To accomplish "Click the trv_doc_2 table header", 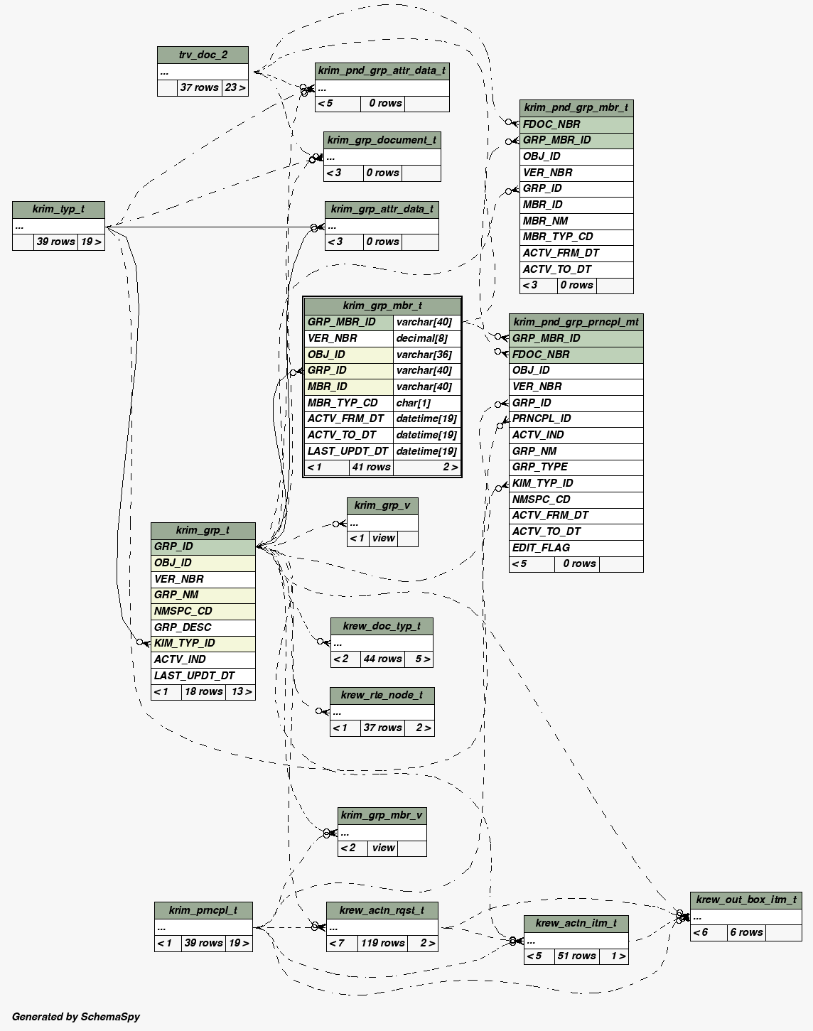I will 203,55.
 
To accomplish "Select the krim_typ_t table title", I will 58,209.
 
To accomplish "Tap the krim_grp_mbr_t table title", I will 382,306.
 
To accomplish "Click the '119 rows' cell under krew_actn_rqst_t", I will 382,943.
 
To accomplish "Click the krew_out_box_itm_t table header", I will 746,900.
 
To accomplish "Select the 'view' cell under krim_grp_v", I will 383,538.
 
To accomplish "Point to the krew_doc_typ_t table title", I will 382,626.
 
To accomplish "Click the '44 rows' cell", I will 382,659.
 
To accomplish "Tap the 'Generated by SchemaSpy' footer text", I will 76,1017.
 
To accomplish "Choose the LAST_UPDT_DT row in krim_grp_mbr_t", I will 348,451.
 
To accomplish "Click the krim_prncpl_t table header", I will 203,910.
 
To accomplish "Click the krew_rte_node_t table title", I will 382,695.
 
